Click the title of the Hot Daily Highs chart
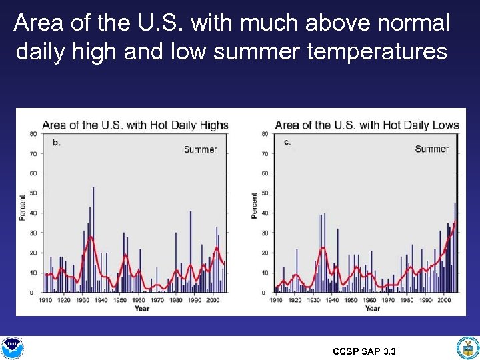(135, 125)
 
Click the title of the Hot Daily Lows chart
(367, 125)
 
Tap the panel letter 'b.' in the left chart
(56, 142)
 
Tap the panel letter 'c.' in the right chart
(287, 141)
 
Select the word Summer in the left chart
(200, 149)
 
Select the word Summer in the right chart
(431, 149)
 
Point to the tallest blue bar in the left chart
(93, 240)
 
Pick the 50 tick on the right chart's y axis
(265, 193)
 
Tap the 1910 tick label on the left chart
(45, 301)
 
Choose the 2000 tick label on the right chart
(444, 301)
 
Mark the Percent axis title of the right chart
(254, 206)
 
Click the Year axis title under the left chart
(141, 309)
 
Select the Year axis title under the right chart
(372, 309)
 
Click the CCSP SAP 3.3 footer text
(363, 351)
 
